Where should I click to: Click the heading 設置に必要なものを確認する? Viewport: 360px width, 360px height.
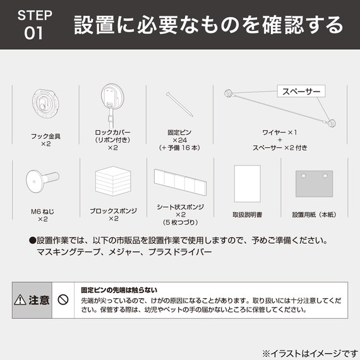point(209,25)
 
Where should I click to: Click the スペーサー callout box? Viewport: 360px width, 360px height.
point(301,92)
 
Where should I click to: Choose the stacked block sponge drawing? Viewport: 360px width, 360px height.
point(114,182)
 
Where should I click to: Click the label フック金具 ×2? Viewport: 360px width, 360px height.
point(45,140)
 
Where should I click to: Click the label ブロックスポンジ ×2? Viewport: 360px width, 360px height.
point(114,215)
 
